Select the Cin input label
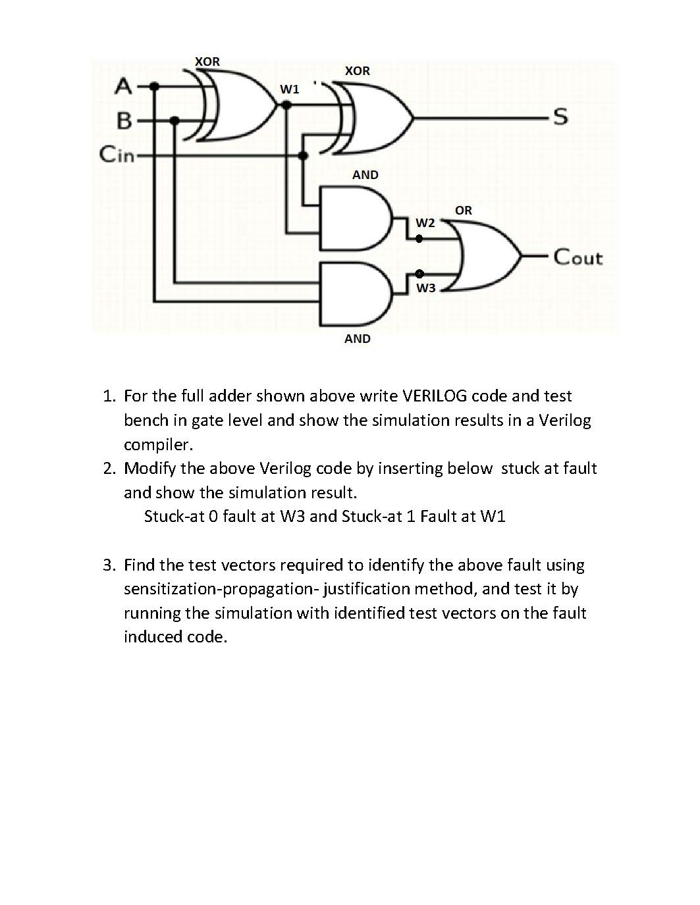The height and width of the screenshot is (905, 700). point(116,155)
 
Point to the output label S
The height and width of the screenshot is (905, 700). point(560,118)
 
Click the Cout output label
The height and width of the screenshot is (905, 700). point(578,257)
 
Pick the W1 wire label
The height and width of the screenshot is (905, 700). point(289,89)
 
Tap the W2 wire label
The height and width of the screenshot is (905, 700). point(425,222)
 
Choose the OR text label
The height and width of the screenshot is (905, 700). point(463,211)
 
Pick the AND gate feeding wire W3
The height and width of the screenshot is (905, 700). point(353,294)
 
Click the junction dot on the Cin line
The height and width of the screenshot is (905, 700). point(303,156)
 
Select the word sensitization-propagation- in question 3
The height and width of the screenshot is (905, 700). point(221,589)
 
